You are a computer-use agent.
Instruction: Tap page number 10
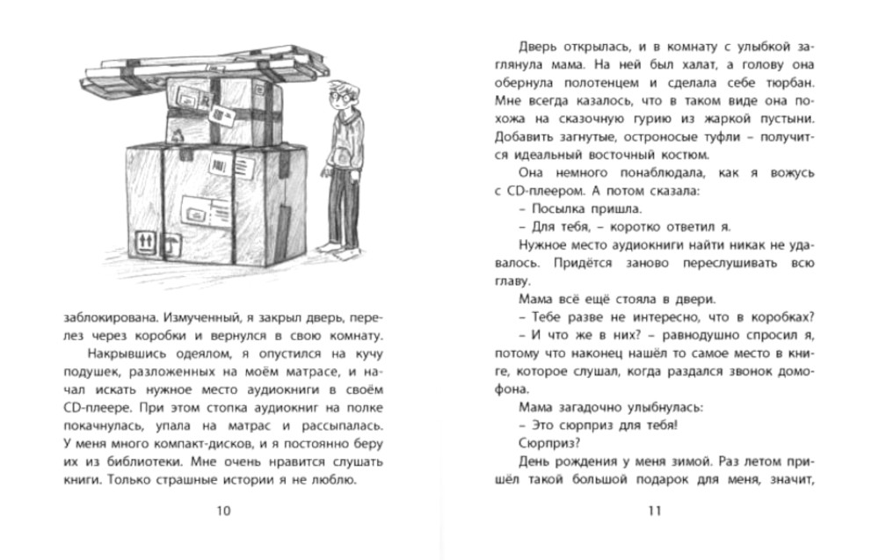222,511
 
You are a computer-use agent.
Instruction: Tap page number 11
653,511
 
